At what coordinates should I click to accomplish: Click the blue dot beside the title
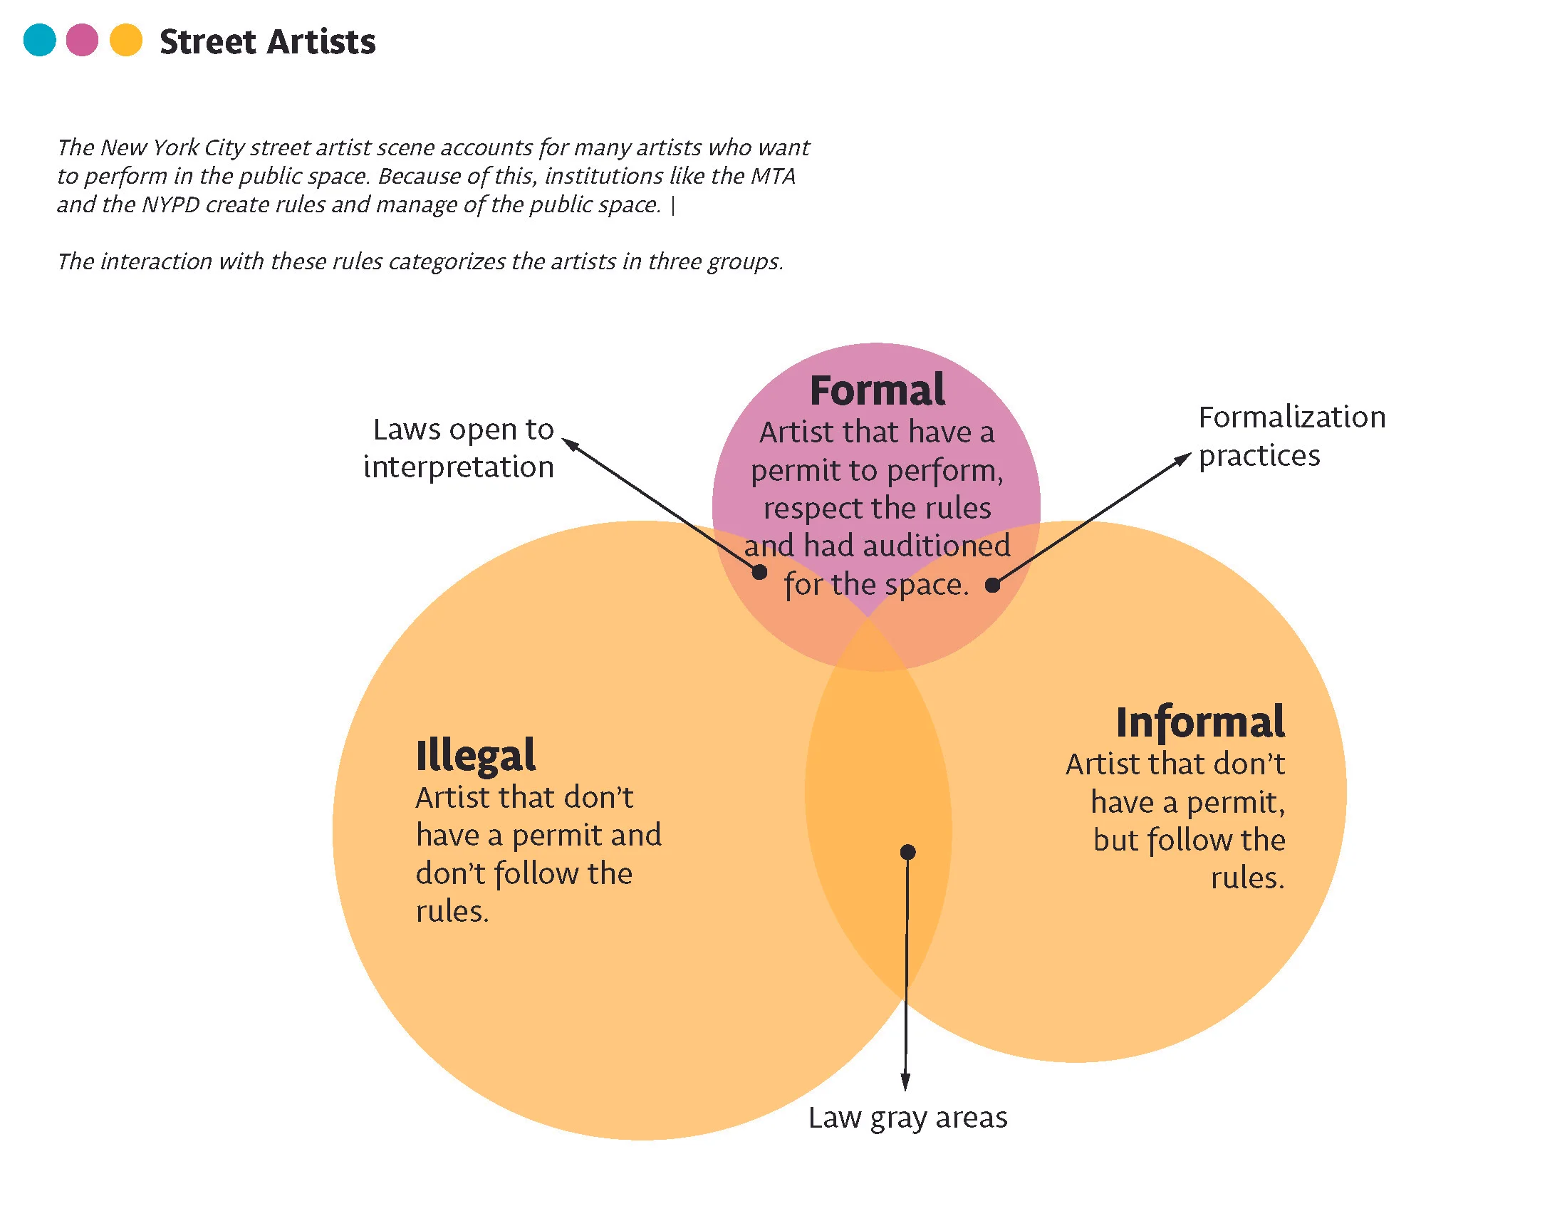pyautogui.click(x=39, y=40)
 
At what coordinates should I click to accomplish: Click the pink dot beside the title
pyautogui.click(x=82, y=40)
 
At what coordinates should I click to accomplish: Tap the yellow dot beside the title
pyautogui.click(x=126, y=40)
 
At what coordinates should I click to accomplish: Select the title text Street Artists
pyautogui.click(x=267, y=41)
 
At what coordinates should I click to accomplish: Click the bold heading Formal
pyautogui.click(x=877, y=391)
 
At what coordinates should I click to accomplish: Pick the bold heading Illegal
pyautogui.click(x=475, y=755)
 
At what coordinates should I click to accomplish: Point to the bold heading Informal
pyautogui.click(x=1199, y=722)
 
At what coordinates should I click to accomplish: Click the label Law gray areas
pyautogui.click(x=907, y=1118)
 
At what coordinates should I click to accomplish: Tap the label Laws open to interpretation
pyautogui.click(x=459, y=448)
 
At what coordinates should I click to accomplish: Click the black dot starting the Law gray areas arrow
pyautogui.click(x=907, y=852)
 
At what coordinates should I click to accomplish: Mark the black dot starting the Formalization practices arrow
pyautogui.click(x=992, y=586)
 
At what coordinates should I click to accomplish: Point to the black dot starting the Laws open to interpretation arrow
pyautogui.click(x=759, y=572)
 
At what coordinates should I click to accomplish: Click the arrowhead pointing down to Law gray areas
pyautogui.click(x=905, y=1082)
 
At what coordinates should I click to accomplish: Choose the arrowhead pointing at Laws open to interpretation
pyautogui.click(x=571, y=445)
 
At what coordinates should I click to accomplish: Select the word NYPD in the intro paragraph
pyautogui.click(x=171, y=205)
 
